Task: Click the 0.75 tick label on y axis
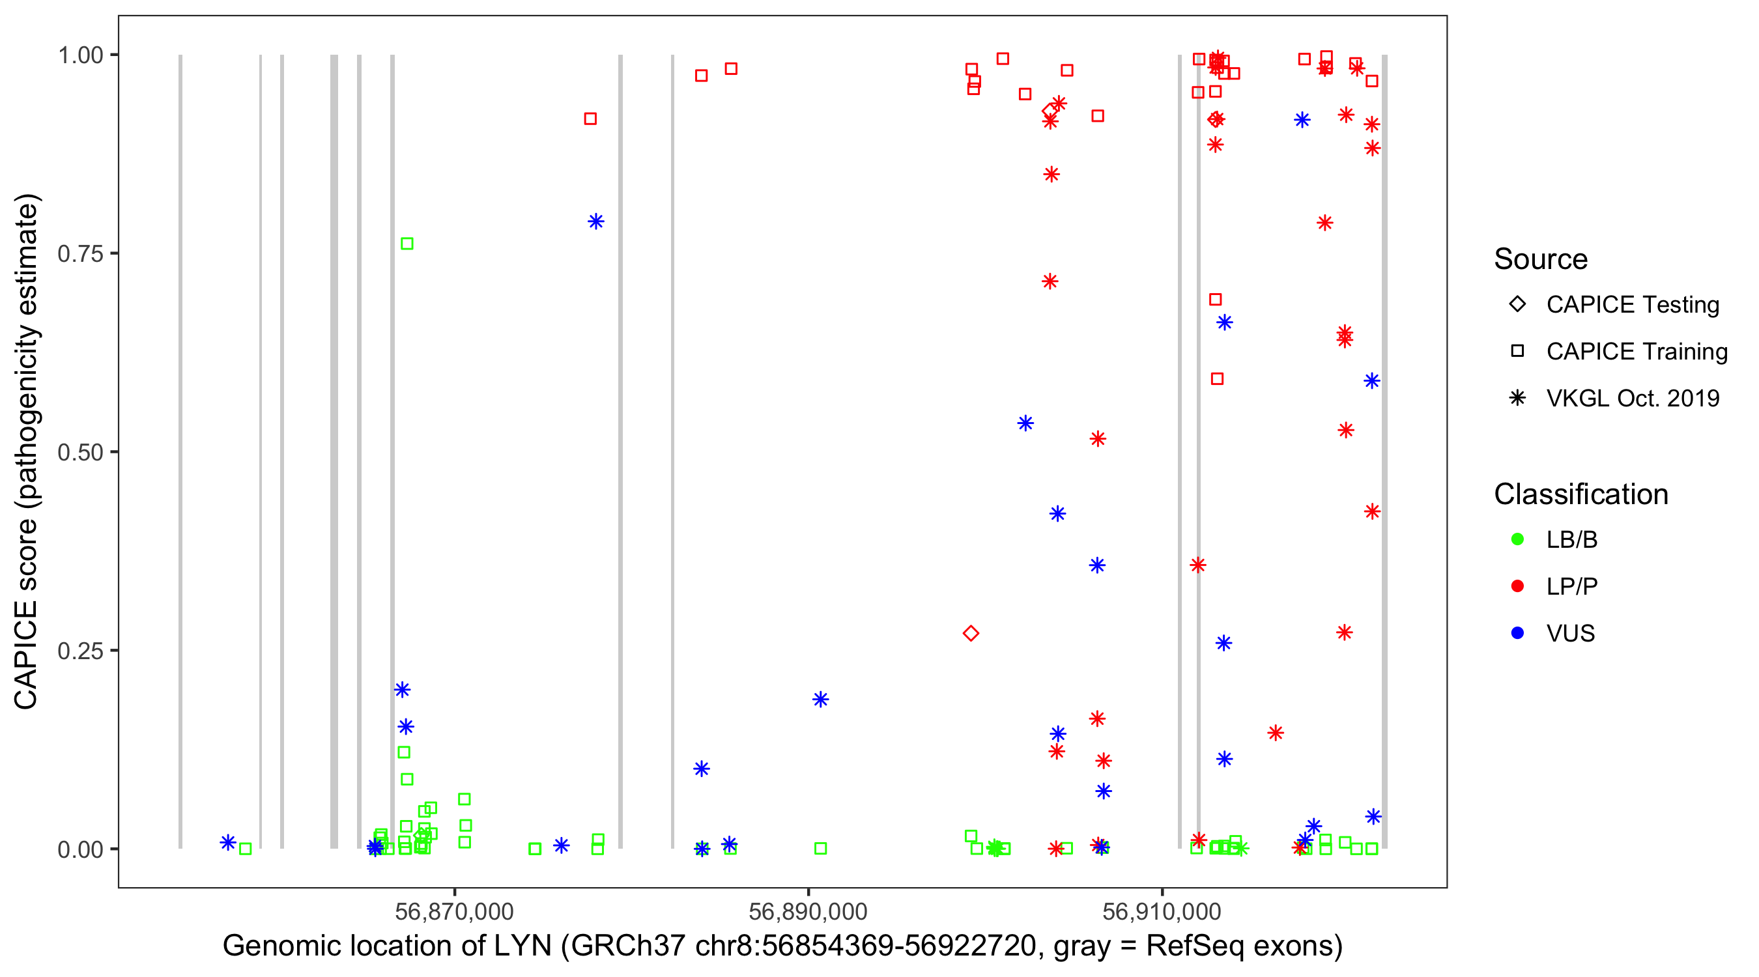click(79, 254)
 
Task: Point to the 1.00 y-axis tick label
click(79, 55)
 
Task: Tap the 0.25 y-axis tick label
click(79, 651)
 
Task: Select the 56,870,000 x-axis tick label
click(454, 911)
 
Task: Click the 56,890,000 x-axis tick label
click(808, 911)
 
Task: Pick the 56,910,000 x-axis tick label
click(1162, 911)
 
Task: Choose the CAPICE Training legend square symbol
click(1517, 352)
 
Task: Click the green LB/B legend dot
click(1517, 540)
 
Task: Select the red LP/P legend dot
click(1517, 586)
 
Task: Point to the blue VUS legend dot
click(1517, 634)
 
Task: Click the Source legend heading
click(1541, 259)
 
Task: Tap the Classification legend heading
click(1580, 494)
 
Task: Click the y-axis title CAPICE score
click(27, 451)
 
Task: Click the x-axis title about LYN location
click(782, 946)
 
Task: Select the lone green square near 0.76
click(407, 244)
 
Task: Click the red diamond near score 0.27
click(970, 634)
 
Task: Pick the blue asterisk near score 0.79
click(596, 221)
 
